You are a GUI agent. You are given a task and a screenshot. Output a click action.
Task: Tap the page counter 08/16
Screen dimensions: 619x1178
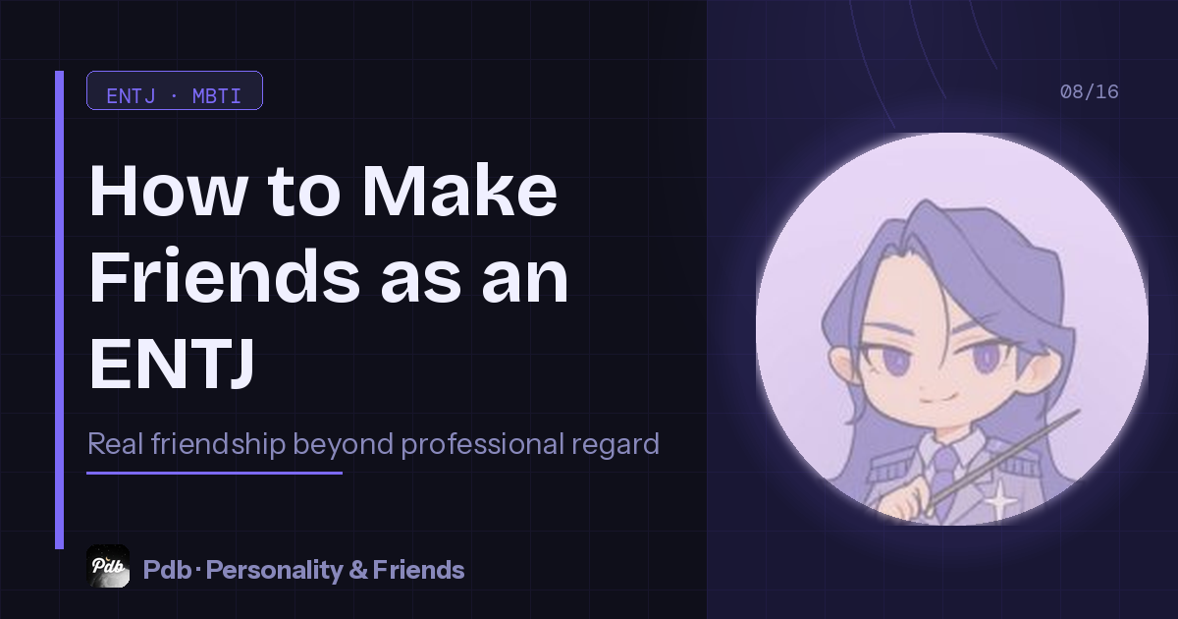1089,92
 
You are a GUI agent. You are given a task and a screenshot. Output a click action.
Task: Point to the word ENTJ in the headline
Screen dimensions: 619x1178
173,362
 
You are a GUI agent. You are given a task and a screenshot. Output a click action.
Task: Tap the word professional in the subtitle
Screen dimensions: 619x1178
480,444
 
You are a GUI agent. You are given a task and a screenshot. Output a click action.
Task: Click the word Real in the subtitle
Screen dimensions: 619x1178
116,444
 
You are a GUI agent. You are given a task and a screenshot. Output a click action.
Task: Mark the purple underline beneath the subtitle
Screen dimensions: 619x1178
214,473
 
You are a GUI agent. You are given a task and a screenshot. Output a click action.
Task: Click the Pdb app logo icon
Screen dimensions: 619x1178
108,566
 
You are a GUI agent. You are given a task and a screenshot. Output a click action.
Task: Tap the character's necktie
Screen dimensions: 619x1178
943,472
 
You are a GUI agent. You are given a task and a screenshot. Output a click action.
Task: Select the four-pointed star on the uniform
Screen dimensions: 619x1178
1000,501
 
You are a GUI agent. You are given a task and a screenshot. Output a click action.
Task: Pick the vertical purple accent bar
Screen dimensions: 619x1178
60,309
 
